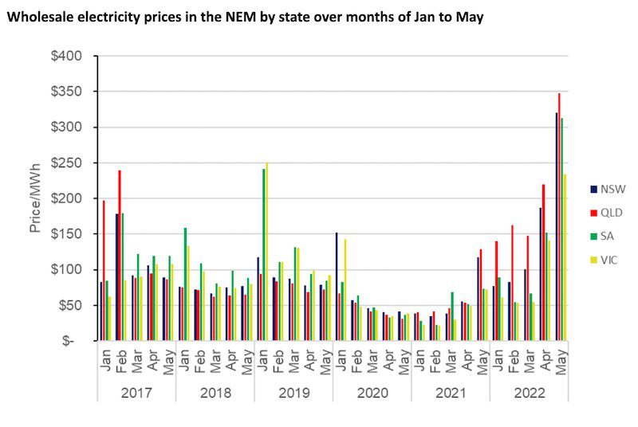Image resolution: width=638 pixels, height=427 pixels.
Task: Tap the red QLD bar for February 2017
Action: pyautogui.click(x=120, y=255)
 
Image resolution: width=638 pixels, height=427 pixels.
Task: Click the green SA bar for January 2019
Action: pyautogui.click(x=263, y=254)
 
